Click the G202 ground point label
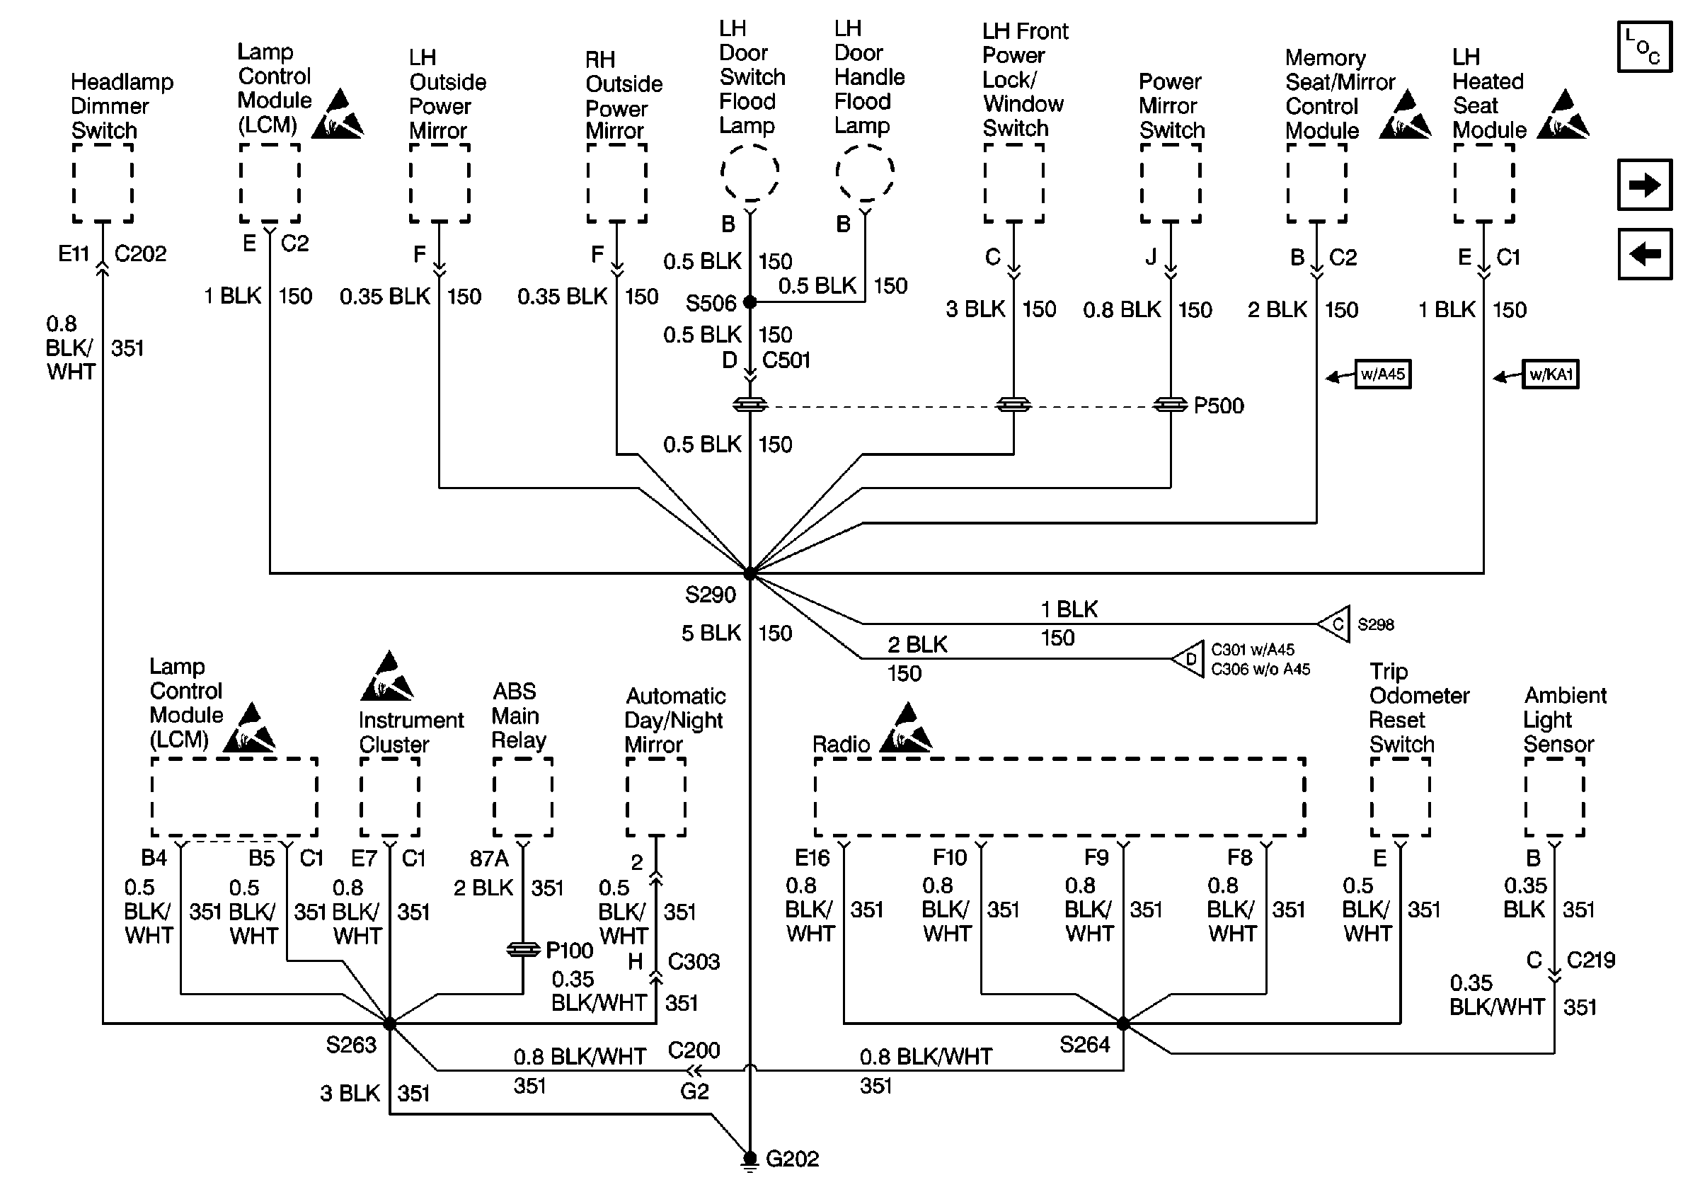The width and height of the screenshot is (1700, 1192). (791, 1159)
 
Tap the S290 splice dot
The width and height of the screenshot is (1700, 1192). (750, 573)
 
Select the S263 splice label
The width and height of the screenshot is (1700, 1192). (351, 1045)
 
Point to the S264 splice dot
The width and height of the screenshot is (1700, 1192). (1123, 1024)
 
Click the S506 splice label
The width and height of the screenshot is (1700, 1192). (710, 303)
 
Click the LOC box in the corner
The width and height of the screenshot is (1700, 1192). (1645, 47)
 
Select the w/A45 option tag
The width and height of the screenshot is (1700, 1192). (1382, 374)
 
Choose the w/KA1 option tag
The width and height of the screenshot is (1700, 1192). (1551, 374)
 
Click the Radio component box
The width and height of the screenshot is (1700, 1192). (1059, 796)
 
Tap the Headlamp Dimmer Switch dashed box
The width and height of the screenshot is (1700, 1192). (103, 183)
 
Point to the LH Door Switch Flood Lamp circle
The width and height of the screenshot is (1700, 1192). (750, 173)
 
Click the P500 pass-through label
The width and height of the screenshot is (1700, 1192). (1219, 406)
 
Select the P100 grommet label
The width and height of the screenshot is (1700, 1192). (568, 950)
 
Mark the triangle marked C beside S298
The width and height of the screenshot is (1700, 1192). (1335, 624)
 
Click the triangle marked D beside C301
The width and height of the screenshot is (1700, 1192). (1189, 658)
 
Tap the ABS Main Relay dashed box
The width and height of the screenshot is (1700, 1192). (523, 796)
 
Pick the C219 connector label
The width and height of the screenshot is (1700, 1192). (1590, 961)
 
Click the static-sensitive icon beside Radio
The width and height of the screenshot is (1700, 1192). (907, 730)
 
